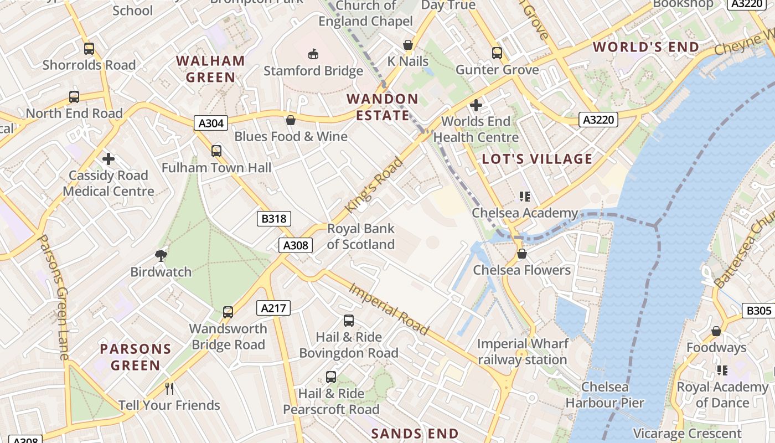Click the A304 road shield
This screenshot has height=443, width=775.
pos(211,123)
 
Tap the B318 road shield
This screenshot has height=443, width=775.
pos(274,219)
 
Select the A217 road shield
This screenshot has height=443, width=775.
pos(273,308)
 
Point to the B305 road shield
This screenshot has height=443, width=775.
pos(758,311)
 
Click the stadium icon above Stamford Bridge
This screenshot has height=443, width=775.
pos(313,54)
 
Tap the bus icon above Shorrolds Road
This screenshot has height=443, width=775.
pos(89,49)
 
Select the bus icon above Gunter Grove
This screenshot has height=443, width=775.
pos(497,53)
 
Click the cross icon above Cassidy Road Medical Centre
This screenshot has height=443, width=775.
pos(108,159)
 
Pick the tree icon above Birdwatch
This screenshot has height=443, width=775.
pos(161,255)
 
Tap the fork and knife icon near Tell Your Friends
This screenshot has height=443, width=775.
pos(169,389)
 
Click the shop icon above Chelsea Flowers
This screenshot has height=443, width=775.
pos(521,254)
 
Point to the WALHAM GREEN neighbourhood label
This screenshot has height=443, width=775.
pos(210,69)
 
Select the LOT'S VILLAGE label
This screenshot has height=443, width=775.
pos(537,159)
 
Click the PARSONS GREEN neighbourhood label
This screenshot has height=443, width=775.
pos(136,357)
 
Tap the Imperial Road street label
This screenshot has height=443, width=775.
pos(389,309)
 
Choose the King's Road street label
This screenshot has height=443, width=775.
pos(374,185)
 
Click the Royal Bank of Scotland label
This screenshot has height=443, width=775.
pos(361,236)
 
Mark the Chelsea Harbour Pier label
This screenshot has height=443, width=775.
pos(604,395)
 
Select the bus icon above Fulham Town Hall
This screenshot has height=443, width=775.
pos(216,151)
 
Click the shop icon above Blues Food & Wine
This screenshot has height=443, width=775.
pos(291,120)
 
